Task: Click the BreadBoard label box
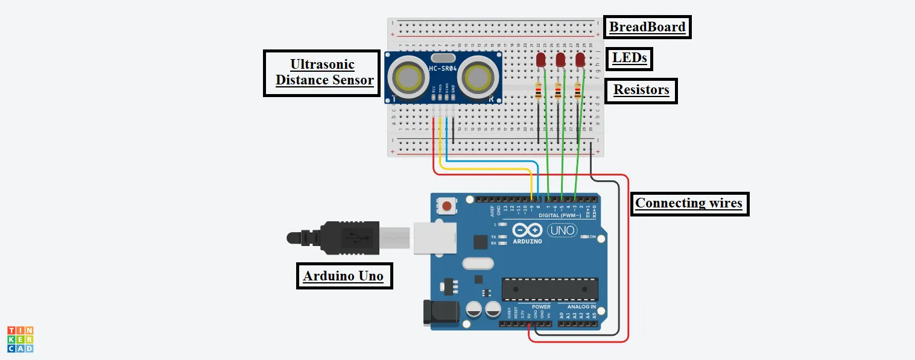[x=647, y=27]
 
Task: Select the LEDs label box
[x=630, y=58]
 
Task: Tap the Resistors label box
[x=641, y=90]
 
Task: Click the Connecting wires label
[x=689, y=203]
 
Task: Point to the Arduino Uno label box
[x=343, y=276]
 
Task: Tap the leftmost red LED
[x=541, y=59]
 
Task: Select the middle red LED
[x=560, y=59]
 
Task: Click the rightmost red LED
[x=580, y=59]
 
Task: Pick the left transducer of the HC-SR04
[x=408, y=77]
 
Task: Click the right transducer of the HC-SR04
[x=480, y=77]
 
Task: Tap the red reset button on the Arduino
[x=447, y=207]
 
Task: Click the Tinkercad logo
[x=21, y=339]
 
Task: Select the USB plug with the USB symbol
[x=350, y=237]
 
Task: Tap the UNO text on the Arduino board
[x=562, y=230]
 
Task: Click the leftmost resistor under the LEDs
[x=539, y=92]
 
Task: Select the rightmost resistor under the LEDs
[x=578, y=92]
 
